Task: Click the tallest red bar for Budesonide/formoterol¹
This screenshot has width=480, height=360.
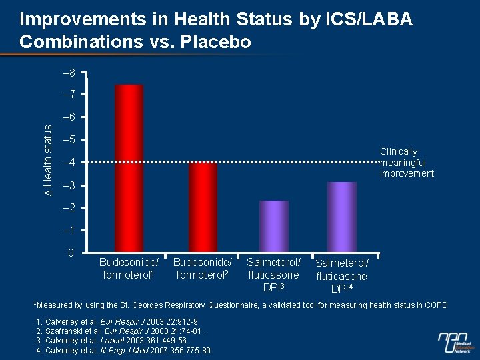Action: click(129, 169)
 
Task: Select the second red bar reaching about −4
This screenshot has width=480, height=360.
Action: click(202, 207)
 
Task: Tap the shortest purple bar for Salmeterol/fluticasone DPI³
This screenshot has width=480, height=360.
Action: click(274, 227)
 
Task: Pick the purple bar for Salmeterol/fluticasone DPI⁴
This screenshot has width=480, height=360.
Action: click(342, 217)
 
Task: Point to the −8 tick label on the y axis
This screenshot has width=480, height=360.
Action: click(69, 72)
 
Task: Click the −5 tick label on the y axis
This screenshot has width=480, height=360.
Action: click(69, 140)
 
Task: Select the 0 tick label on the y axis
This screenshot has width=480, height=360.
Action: click(71, 253)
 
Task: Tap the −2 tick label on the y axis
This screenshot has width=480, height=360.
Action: click(69, 208)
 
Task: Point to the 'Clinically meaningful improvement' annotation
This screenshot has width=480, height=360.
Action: click(407, 163)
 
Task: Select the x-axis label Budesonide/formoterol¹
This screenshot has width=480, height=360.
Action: click(129, 269)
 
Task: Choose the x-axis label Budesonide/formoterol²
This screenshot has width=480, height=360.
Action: click(202, 269)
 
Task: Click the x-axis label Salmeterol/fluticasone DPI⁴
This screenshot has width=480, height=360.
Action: click(341, 276)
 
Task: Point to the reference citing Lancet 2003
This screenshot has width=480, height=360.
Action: click(105, 340)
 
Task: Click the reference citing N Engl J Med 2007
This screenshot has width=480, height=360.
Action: click(124, 349)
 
